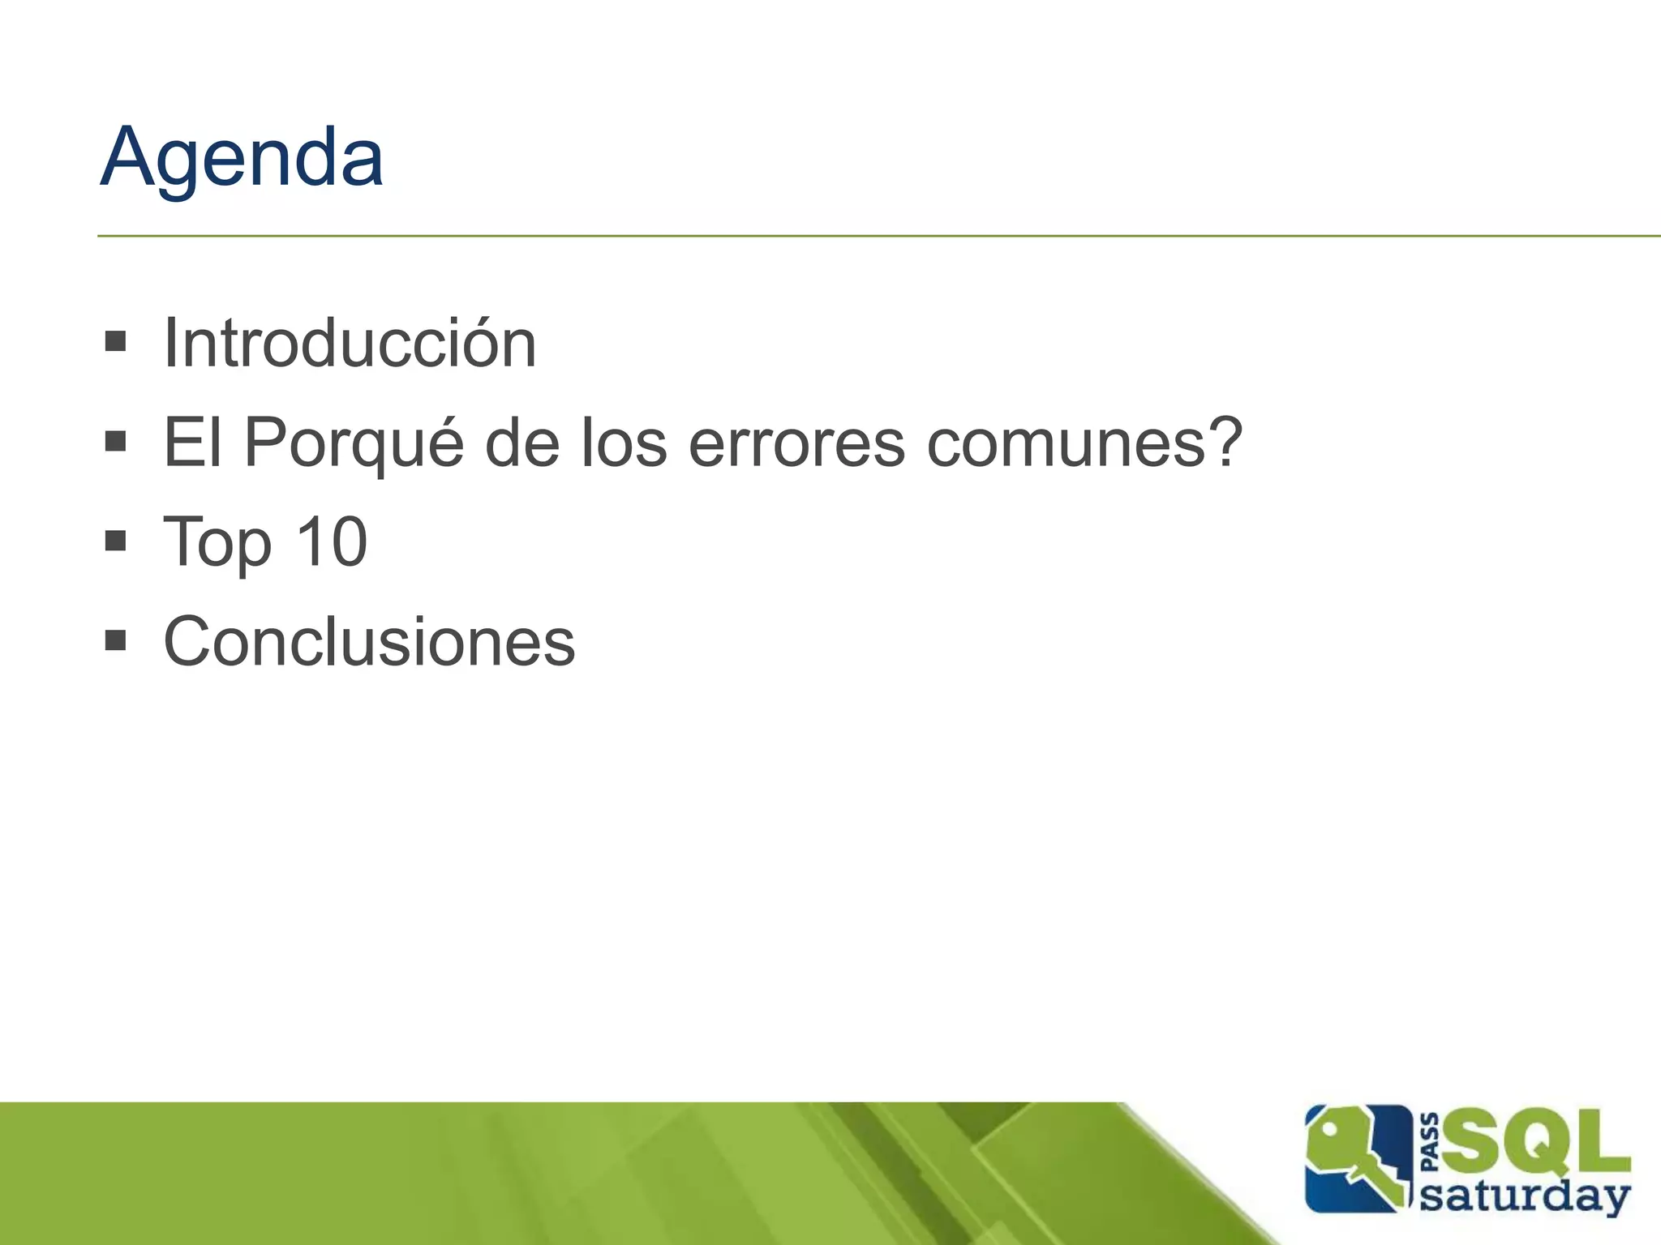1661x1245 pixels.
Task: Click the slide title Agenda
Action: click(x=242, y=158)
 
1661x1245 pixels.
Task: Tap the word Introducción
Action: click(x=350, y=344)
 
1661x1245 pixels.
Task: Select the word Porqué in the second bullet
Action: click(x=354, y=444)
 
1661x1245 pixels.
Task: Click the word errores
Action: click(x=796, y=444)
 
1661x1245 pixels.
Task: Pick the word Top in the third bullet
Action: click(x=217, y=543)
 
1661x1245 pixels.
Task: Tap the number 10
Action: click(x=332, y=541)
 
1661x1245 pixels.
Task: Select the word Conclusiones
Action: click(x=369, y=641)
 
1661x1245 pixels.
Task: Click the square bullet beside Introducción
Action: click(x=116, y=341)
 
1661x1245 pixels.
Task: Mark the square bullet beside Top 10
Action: click(x=116, y=540)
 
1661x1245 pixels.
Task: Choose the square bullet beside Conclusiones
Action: click(x=116, y=640)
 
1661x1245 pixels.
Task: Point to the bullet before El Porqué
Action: click(x=116, y=441)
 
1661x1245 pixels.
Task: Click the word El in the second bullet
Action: click(x=192, y=443)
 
